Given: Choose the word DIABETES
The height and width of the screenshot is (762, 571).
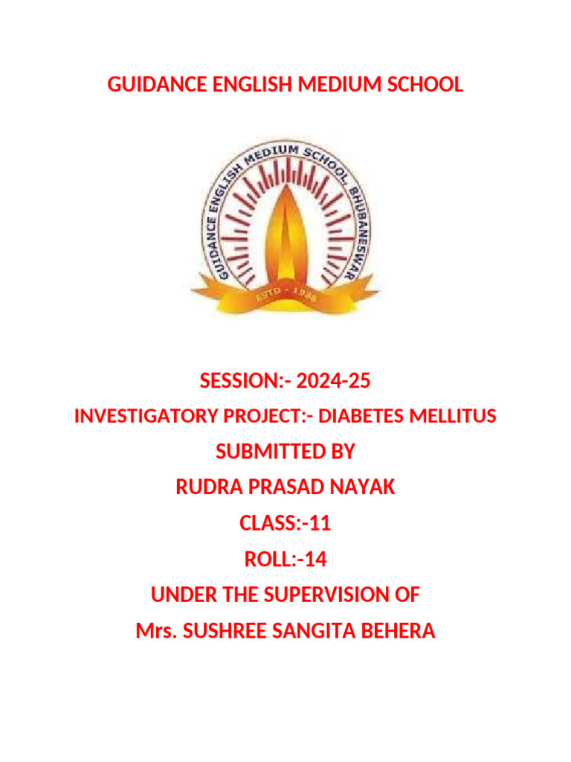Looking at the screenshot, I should [363, 417].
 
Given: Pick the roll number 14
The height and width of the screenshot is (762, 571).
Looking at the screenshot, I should [316, 559].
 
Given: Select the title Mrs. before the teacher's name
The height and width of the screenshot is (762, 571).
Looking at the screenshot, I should [155, 631].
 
